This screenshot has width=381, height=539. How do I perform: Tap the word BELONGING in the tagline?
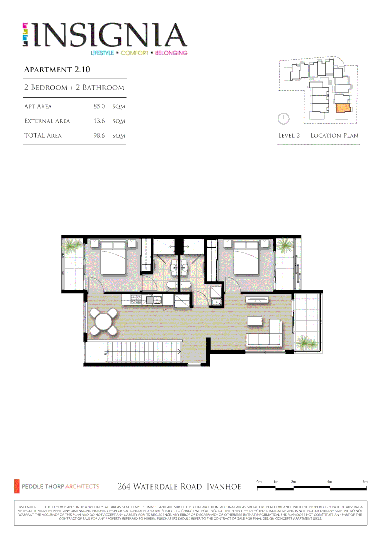tap(171, 53)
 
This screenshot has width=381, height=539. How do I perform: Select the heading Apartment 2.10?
tap(57, 69)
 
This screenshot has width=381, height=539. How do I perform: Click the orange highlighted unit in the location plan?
tap(342, 108)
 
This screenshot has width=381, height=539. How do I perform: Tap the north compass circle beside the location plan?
tap(283, 119)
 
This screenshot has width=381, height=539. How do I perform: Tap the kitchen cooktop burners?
tap(135, 300)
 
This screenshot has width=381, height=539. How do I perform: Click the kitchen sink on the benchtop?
tap(156, 300)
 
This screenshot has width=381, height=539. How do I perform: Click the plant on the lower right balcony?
tap(306, 343)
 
